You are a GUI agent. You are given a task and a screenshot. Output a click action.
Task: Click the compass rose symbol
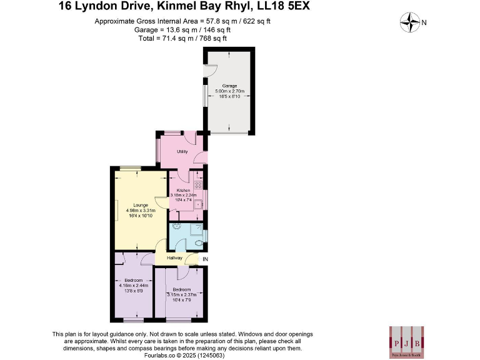pos(409,23)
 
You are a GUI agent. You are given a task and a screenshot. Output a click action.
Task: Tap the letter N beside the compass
pos(424,23)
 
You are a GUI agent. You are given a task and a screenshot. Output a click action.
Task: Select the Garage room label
pos(229,86)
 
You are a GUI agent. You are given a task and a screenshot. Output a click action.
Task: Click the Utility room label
pos(182,152)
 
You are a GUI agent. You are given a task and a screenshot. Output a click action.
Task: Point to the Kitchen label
pos(183,190)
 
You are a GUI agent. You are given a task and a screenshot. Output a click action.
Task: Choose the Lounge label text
pos(139,205)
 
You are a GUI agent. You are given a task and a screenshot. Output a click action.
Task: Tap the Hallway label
pos(174,257)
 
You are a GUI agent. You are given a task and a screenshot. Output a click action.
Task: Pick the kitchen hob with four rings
pos(197,184)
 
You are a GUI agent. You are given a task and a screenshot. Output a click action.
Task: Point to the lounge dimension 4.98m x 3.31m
pos(139,211)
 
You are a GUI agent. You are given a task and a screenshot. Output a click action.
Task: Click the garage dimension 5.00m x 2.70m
pos(229,91)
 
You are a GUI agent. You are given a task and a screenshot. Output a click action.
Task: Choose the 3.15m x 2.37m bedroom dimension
pos(181,295)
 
